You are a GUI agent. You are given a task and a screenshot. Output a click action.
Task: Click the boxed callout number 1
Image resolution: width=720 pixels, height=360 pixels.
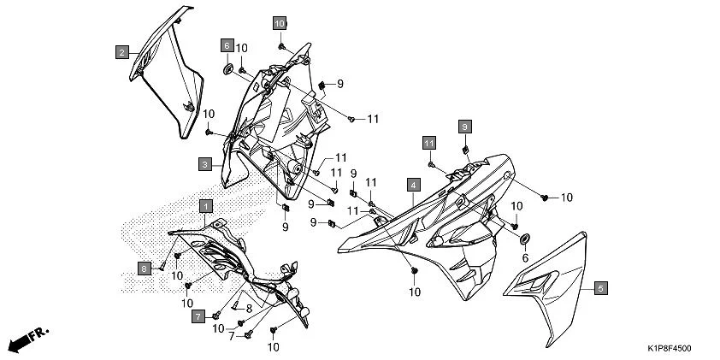[x=205, y=205]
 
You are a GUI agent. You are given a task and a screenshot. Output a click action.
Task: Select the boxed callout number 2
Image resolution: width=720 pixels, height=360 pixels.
[x=123, y=52]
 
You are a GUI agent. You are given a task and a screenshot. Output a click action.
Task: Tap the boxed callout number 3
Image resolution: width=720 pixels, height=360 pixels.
[x=205, y=162]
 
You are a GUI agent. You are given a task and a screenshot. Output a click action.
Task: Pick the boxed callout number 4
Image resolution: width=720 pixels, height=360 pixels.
[x=412, y=185]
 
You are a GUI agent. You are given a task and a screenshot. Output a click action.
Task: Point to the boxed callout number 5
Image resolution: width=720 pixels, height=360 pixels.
[x=600, y=288]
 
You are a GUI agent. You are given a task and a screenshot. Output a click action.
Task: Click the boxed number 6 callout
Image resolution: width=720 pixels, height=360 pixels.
[x=227, y=44]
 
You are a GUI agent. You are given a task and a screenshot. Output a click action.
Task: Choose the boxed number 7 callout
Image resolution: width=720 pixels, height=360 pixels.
[x=197, y=316]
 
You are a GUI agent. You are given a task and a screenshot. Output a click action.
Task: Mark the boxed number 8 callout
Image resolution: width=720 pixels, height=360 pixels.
[x=145, y=268]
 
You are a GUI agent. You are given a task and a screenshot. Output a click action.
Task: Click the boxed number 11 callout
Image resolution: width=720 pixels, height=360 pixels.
[x=428, y=141]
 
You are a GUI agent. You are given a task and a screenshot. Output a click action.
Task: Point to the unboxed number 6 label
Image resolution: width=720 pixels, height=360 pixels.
[x=525, y=257]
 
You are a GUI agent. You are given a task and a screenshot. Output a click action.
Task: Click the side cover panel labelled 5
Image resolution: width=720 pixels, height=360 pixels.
[x=552, y=291]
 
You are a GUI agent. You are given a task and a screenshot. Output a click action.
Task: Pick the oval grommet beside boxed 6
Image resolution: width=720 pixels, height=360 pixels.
[x=229, y=68]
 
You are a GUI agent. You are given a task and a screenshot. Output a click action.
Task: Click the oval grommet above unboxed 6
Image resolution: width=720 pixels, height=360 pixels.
[x=524, y=236]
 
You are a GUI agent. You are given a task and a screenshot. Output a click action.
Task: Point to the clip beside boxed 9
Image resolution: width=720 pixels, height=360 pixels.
[x=466, y=149]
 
